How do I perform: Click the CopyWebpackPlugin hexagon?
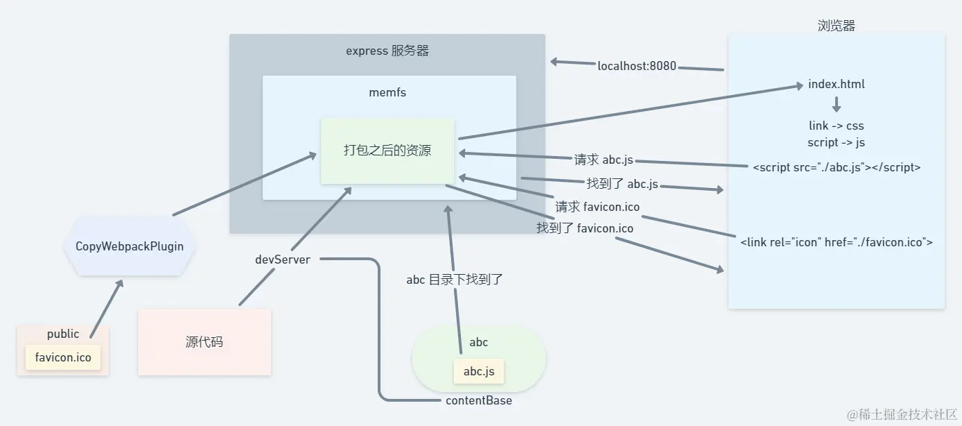130,246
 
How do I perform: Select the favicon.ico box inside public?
63,358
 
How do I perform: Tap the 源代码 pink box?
204,342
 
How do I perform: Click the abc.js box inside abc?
479,371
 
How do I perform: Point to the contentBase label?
479,400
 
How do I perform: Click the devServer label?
283,259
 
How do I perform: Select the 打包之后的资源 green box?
387,151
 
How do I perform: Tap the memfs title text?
387,92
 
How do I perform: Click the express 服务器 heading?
387,51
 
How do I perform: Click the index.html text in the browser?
837,85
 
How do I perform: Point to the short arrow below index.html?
837,105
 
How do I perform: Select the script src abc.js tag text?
837,167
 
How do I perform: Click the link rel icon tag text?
837,242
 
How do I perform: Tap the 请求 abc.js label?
604,160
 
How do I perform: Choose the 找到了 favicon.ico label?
585,228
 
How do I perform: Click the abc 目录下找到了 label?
454,280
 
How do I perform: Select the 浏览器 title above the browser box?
837,26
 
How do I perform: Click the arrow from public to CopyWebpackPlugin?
106,309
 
